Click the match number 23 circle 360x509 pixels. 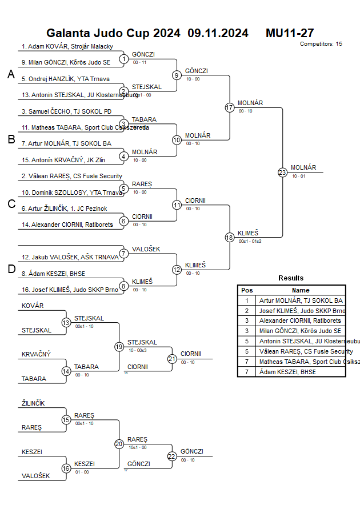coord(282,172)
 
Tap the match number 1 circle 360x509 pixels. coord(123,59)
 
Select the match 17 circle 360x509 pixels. coord(230,107)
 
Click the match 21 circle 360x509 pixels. coord(172,359)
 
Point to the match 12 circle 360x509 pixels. coord(177,270)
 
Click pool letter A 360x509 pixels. coord(11,75)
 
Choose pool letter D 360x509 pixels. coord(11,269)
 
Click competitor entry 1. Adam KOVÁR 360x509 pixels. coord(67,46)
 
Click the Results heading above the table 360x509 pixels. coord(291,278)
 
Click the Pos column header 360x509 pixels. coord(247,290)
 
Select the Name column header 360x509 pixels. coord(301,290)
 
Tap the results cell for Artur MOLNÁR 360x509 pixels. coord(301,300)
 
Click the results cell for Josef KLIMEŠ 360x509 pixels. coord(301,311)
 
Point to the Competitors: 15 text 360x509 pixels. coord(321,43)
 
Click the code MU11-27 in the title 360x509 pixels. coord(290,33)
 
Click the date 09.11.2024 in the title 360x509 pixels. coord(218,33)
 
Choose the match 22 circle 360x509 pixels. coord(172,456)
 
